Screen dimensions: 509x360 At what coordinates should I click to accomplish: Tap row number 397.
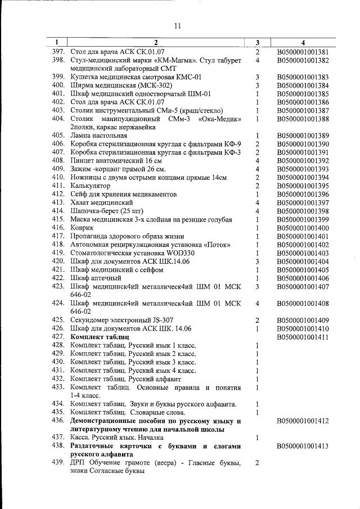tap(59, 52)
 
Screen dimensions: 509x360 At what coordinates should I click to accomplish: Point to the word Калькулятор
tap(90, 186)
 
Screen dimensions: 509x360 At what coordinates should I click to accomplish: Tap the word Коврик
tap(82, 228)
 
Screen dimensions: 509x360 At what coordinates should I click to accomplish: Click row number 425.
tap(59, 320)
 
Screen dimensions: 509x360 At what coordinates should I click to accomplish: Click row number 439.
tap(59, 463)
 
